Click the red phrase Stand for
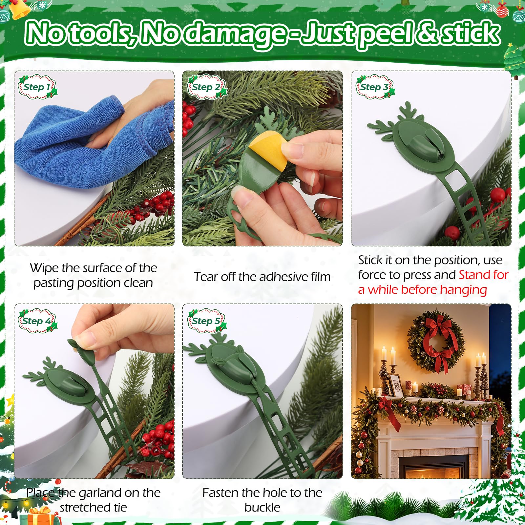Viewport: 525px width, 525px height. pyautogui.click(x=483, y=275)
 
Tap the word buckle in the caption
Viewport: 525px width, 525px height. pyautogui.click(x=262, y=507)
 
